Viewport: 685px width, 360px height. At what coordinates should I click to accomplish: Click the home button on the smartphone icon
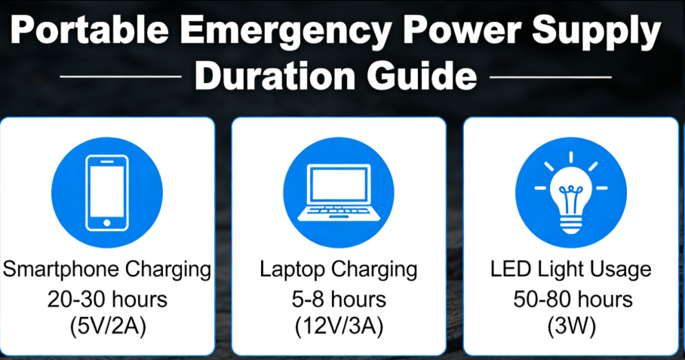tap(106, 222)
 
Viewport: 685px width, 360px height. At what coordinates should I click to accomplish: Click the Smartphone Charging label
tap(106, 269)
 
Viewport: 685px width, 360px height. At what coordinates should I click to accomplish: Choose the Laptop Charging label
tap(338, 269)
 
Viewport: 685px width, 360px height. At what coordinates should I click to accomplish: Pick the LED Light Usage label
tap(570, 269)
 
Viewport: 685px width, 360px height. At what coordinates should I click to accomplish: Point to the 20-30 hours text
tap(106, 299)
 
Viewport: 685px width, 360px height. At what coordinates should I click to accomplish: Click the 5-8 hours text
tap(338, 299)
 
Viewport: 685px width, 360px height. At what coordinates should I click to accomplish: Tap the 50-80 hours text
tap(570, 299)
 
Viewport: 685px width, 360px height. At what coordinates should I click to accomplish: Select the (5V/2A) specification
tap(106, 328)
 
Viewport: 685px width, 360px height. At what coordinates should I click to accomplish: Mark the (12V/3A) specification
tap(338, 328)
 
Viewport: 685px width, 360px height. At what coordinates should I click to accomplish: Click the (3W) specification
tap(570, 328)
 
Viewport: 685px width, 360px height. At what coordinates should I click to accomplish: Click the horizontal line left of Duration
tap(121, 77)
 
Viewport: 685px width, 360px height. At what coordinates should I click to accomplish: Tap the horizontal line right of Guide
tap(550, 77)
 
